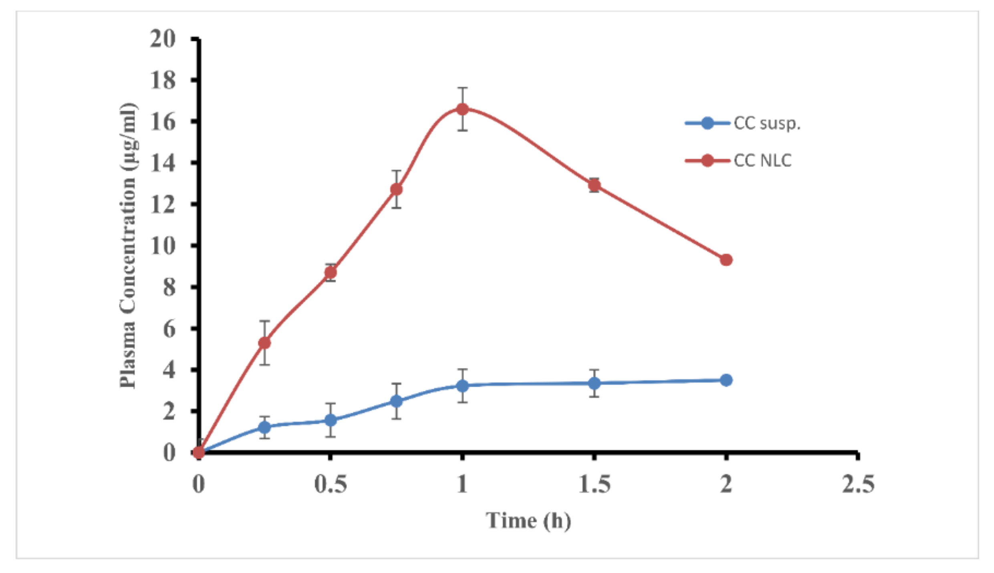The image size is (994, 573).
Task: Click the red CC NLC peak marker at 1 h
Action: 462,109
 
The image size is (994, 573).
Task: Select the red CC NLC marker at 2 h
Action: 726,260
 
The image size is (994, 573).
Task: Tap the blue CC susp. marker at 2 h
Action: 726,380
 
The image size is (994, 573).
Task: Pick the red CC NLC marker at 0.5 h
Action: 331,273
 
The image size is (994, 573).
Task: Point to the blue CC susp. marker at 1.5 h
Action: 594,383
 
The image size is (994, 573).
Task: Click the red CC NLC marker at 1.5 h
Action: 594,185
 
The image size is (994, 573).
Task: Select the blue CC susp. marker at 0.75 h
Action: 396,401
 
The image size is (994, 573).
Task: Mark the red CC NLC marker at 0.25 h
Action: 264,343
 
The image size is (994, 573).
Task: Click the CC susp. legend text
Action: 767,123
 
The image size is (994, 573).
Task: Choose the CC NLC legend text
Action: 762,161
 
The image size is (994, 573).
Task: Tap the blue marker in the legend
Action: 708,123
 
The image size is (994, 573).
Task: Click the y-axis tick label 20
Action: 163,39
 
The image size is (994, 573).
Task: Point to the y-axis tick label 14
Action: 163,163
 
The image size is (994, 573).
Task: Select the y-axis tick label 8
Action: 169,287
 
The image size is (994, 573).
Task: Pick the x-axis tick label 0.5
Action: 331,484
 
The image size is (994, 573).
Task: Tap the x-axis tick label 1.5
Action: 594,484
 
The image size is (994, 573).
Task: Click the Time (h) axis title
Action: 528,521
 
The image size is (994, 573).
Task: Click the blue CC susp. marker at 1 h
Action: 462,386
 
